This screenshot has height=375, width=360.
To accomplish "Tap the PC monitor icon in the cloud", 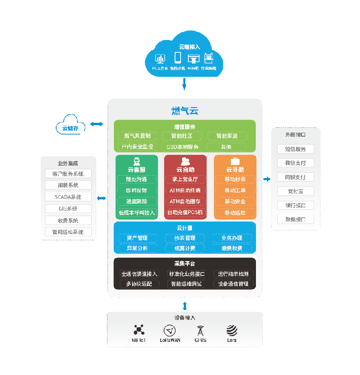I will (x=160, y=58).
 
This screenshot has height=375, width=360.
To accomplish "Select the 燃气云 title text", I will (x=185, y=111).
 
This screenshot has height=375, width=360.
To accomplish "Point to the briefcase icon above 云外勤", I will (x=235, y=161).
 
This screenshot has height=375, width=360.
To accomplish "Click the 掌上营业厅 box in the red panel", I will (x=185, y=179).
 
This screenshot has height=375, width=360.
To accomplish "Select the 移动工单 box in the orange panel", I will (x=235, y=190).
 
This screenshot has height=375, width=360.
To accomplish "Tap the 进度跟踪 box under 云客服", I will (x=137, y=201).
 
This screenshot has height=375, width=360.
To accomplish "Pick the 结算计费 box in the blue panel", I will (x=184, y=248).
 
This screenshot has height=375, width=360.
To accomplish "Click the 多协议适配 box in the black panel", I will (x=139, y=284).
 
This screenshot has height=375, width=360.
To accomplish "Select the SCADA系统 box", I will (x=68, y=197).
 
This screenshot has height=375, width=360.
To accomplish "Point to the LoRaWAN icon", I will (x=170, y=331).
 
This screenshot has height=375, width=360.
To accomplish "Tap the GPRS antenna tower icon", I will (x=200, y=331).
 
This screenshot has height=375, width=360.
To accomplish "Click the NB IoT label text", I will (x=138, y=340).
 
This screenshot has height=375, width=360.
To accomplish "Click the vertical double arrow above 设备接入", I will (x=184, y=305).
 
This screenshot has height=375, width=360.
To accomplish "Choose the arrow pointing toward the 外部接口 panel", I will (x=267, y=179).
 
